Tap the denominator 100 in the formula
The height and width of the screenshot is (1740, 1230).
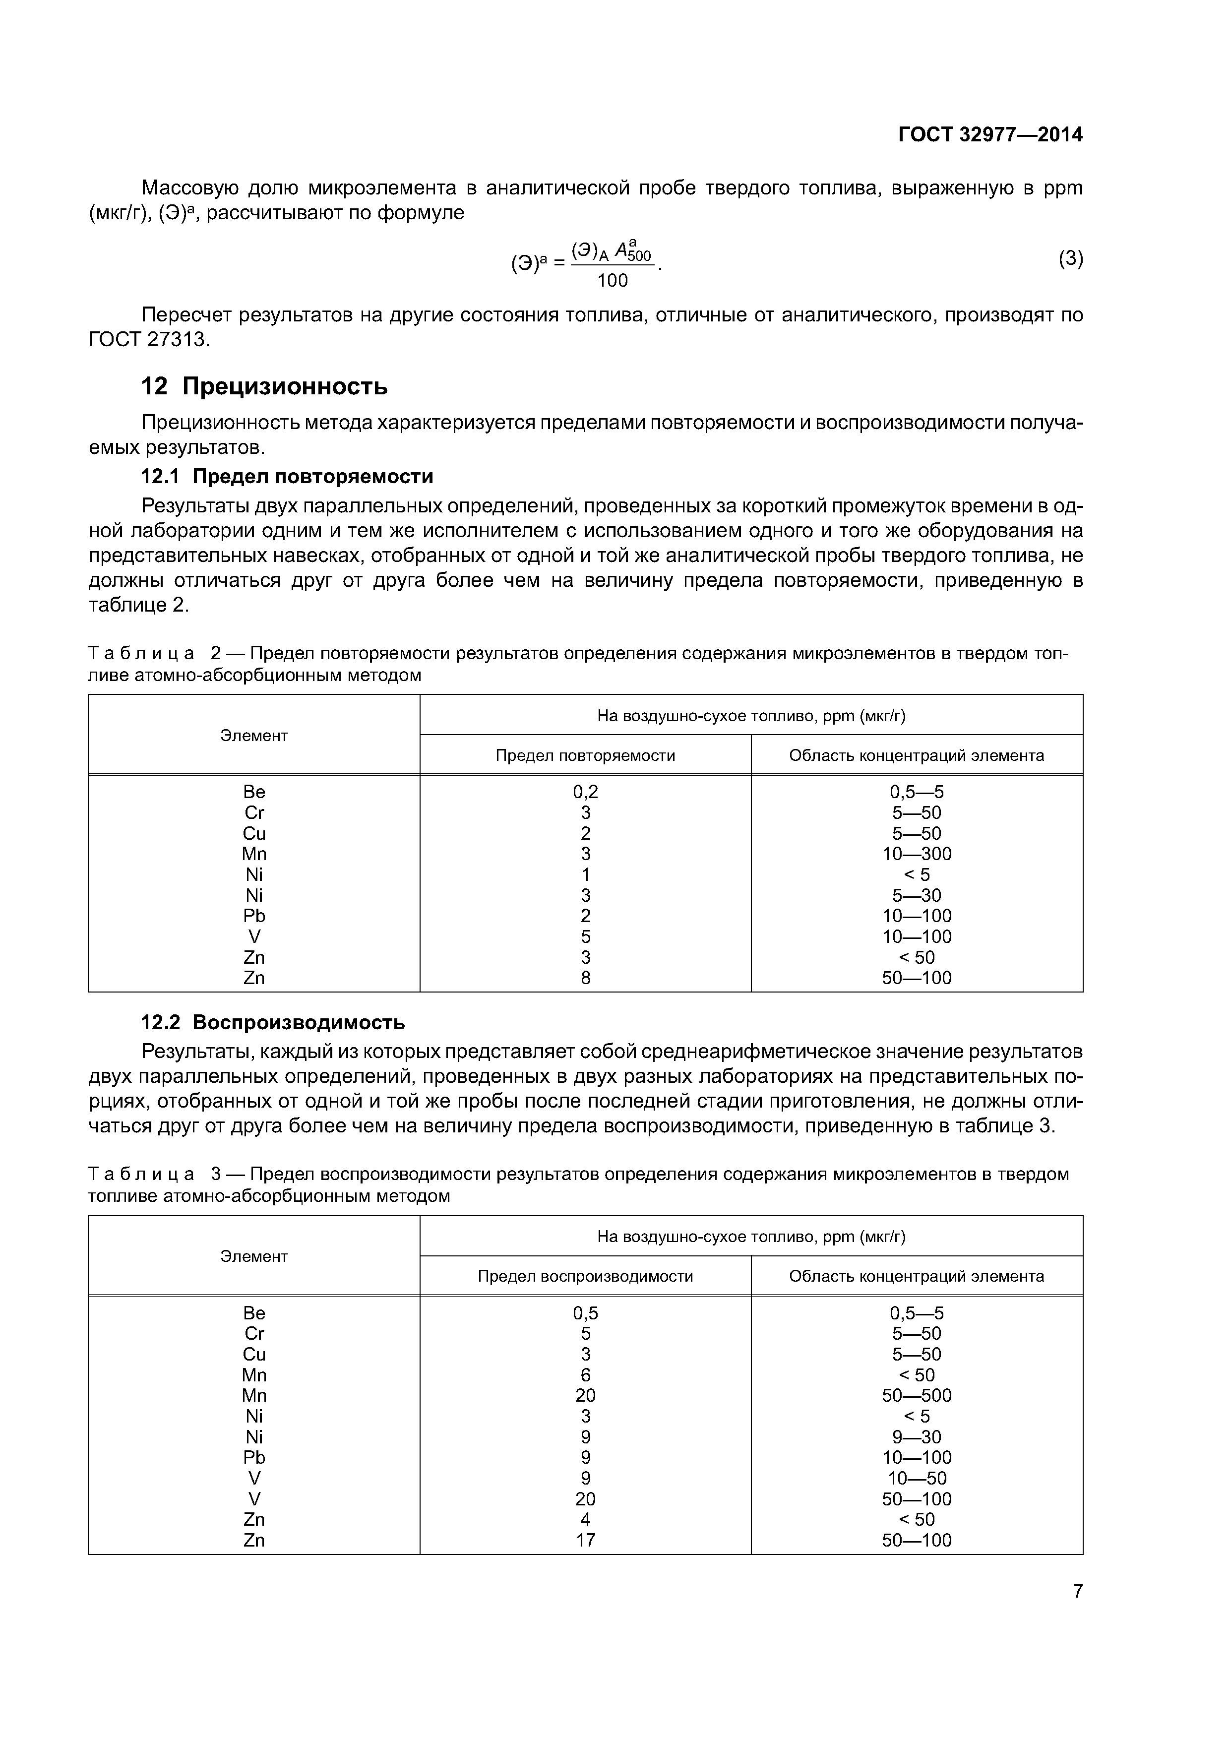click(x=613, y=281)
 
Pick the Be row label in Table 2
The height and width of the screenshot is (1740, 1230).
click(x=254, y=792)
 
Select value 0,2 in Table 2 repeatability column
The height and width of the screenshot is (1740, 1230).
click(x=585, y=792)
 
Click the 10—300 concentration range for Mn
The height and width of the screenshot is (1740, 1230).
click(x=916, y=854)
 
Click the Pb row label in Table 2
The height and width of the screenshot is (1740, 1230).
click(x=254, y=916)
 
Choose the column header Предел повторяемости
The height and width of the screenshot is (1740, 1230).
click(x=585, y=755)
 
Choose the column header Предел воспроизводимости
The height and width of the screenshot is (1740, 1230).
click(x=585, y=1276)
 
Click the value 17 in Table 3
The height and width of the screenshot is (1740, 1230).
click(x=585, y=1540)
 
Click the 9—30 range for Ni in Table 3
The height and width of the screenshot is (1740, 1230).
click(x=916, y=1437)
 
